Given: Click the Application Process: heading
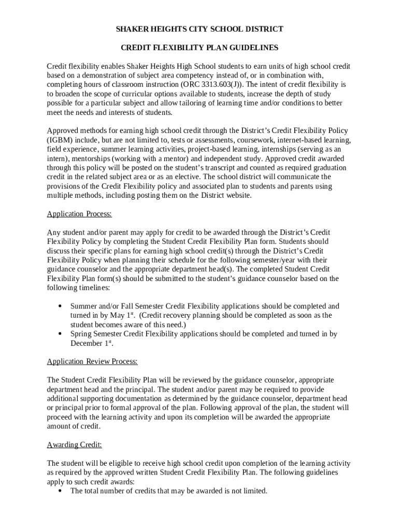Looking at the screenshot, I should pos(79,214).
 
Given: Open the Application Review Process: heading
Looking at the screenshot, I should pos(92,361).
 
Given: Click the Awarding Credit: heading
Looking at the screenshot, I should pos(74,445).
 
